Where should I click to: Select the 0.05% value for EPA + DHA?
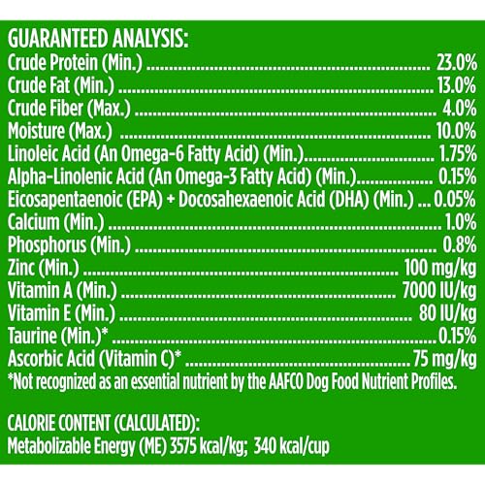(457, 199)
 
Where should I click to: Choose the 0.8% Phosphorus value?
(458, 243)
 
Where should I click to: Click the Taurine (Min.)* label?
(56, 335)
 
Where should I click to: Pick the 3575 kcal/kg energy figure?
(201, 446)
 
